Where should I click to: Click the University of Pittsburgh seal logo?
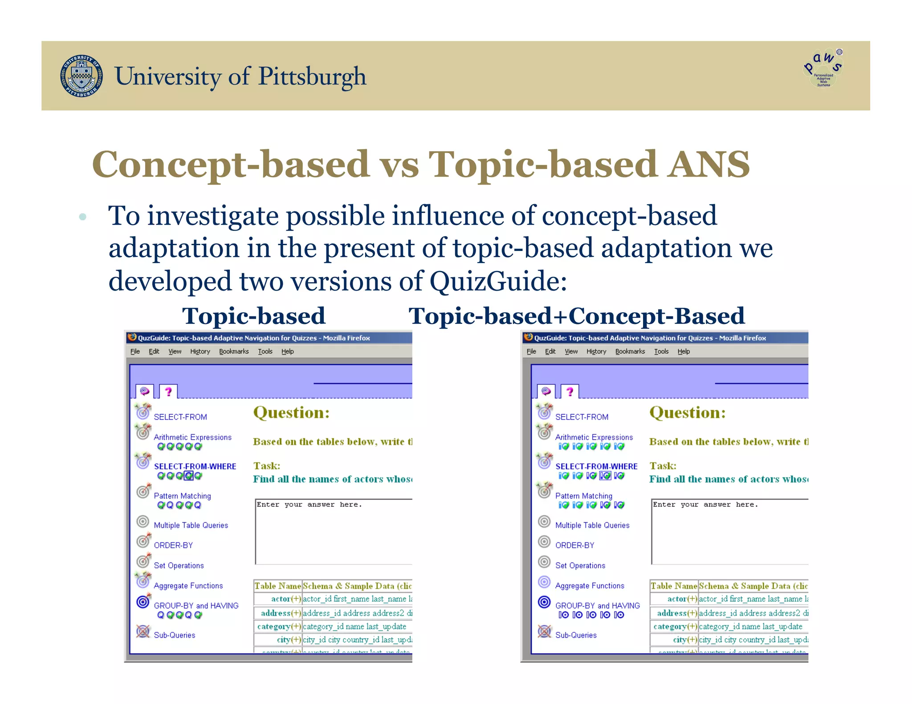pos(81,76)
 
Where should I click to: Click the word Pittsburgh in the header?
pos(312,77)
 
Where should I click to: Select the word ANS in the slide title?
pos(708,164)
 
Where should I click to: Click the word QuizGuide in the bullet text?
pos(498,281)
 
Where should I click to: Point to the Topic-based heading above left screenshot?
pos(254,316)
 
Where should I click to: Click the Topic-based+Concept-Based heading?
pos(576,316)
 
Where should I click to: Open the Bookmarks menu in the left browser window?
pos(234,352)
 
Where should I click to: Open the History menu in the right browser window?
pos(596,352)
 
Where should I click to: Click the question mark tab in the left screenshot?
pos(168,392)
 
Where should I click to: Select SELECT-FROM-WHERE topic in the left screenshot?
pos(195,466)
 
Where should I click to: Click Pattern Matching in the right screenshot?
pos(583,496)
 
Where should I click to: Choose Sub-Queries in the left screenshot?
pos(175,635)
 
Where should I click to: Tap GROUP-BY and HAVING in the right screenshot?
pos(597,606)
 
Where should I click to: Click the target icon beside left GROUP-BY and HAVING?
pos(143,602)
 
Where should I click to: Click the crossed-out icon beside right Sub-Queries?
pos(544,631)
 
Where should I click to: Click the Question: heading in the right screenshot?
pos(687,413)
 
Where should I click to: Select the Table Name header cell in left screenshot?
pos(278,586)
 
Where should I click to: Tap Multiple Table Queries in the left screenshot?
pos(191,525)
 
